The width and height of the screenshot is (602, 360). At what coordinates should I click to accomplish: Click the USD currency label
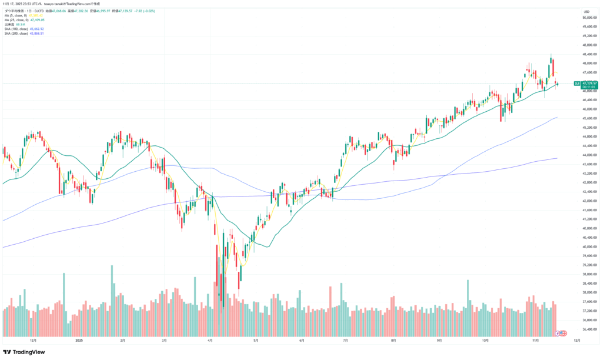[586, 12]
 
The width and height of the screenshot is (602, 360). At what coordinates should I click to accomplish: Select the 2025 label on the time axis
[80, 340]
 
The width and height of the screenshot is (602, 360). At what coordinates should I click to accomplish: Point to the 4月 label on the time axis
[210, 340]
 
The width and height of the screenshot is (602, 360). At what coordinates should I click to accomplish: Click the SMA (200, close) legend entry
[24, 34]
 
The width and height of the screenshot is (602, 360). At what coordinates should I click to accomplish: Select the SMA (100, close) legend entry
[24, 29]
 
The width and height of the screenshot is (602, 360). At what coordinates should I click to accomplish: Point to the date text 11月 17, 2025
[14, 3]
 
